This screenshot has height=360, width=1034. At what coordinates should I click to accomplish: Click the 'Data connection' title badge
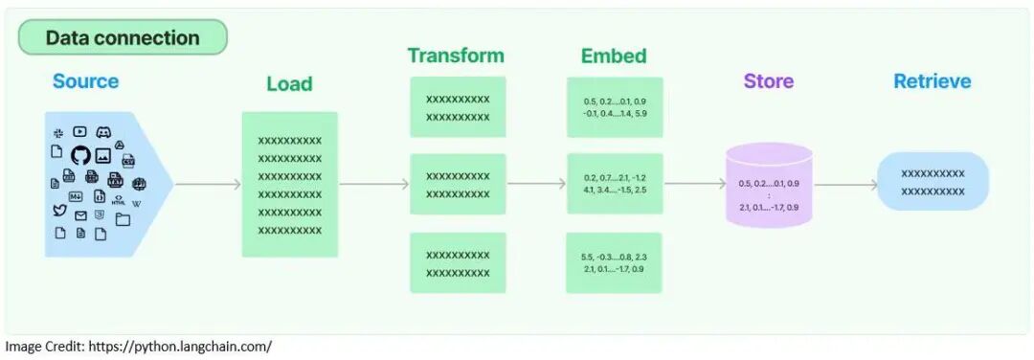[x=123, y=38]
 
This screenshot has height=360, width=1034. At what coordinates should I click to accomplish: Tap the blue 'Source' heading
[x=86, y=81]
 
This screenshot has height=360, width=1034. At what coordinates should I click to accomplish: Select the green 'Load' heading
[x=289, y=84]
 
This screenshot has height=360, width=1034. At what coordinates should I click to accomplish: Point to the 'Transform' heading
[x=456, y=56]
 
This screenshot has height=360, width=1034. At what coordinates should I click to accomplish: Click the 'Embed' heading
[x=614, y=56]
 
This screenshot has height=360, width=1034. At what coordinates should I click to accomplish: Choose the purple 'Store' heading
[x=769, y=81]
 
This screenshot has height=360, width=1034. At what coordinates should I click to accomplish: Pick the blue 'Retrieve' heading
[x=933, y=81]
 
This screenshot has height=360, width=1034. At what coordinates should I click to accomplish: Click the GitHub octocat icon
[x=80, y=154]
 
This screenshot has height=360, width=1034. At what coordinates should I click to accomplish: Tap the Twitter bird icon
[x=59, y=210]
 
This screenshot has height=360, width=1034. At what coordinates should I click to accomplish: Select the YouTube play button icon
[x=80, y=131]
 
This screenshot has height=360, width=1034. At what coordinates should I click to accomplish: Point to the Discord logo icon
[x=103, y=132]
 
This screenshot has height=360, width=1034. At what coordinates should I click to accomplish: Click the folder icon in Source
[x=123, y=219]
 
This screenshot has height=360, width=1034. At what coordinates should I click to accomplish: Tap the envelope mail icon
[x=80, y=215]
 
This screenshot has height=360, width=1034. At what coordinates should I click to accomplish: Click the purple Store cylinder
[x=769, y=186]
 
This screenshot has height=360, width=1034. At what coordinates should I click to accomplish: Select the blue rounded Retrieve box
[x=933, y=182]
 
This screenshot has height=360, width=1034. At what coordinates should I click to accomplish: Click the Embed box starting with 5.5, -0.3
[x=614, y=263]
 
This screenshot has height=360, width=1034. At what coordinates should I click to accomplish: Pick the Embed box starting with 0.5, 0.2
[x=614, y=107]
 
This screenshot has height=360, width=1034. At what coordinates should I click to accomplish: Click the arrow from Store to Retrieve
[x=845, y=185]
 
